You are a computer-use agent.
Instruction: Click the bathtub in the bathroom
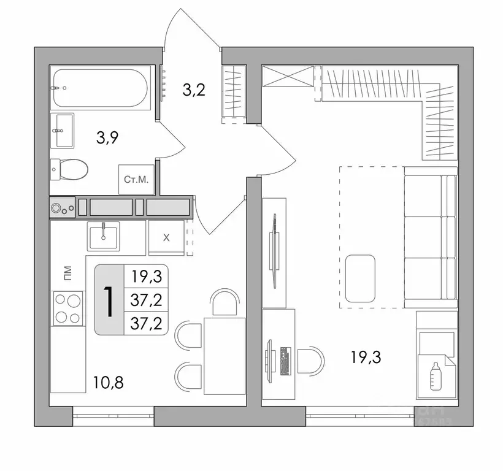click(101, 88)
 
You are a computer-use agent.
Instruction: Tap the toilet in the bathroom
click(71, 167)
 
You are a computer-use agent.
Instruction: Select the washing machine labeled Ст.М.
click(135, 180)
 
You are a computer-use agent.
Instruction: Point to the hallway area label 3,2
click(193, 90)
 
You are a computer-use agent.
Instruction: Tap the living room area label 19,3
click(366, 358)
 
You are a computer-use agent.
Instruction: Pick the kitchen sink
click(104, 235)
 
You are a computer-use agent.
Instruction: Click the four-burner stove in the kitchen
click(68, 309)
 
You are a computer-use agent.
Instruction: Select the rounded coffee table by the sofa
click(360, 278)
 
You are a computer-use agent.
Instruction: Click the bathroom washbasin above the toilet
click(64, 130)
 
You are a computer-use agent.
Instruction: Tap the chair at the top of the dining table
click(223, 304)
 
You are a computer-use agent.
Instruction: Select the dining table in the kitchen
click(223, 356)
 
